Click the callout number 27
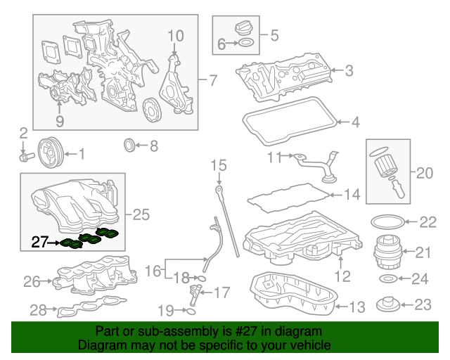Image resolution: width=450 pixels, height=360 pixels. click(x=39, y=243)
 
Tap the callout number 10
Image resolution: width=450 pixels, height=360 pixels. click(x=175, y=35)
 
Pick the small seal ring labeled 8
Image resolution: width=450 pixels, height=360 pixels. click(x=129, y=146)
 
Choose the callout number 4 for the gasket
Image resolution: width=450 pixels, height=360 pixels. click(x=356, y=122)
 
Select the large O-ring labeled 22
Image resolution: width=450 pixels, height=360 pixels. click(x=384, y=221)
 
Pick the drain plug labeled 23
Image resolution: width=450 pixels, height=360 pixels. click(x=387, y=305)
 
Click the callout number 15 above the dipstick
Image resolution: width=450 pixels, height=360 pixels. click(x=219, y=166)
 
